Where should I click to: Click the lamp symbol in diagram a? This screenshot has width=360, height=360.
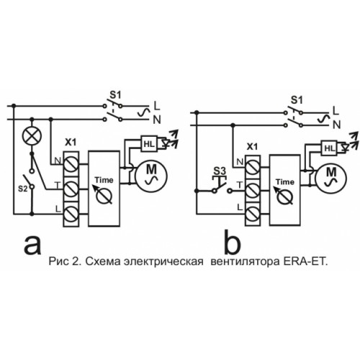pos(32,136)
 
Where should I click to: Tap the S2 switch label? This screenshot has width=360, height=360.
pos(23,189)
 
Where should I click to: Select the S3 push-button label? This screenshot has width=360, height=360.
pos(220,171)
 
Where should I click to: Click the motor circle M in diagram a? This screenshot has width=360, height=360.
pos(151,176)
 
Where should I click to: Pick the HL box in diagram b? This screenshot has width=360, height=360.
pos(329,148)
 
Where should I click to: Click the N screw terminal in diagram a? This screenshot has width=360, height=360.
pos(71,164)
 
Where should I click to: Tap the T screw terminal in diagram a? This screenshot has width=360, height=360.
pos(71,189)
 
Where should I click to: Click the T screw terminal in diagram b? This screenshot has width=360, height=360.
pos(253,191)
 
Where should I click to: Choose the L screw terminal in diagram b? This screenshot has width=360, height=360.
pos(253,213)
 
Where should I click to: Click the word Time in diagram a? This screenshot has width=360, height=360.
pos(104,180)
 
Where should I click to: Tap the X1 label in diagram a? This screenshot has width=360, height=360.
pos(71,143)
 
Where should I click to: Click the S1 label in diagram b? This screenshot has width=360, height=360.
pos(297,100)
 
